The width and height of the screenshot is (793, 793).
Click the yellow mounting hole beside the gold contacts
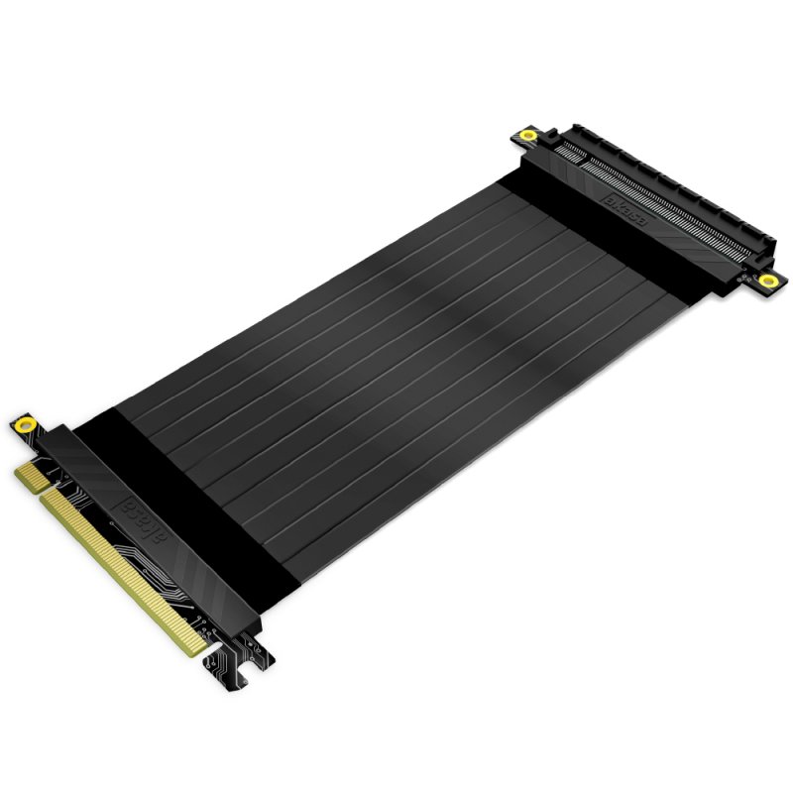pos(24,425)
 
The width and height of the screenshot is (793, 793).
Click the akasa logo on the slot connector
pos(624,211)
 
